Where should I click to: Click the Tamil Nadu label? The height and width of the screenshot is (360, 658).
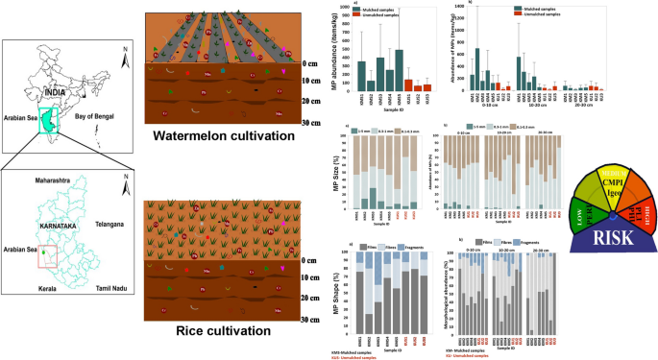pyautogui.click(x=105, y=300)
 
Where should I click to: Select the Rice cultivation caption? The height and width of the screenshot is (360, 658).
pyautogui.click(x=210, y=331)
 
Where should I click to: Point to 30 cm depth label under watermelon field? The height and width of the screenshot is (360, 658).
pyautogui.click(x=309, y=124)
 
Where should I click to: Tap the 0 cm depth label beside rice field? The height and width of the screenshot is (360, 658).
pyautogui.click(x=309, y=260)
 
